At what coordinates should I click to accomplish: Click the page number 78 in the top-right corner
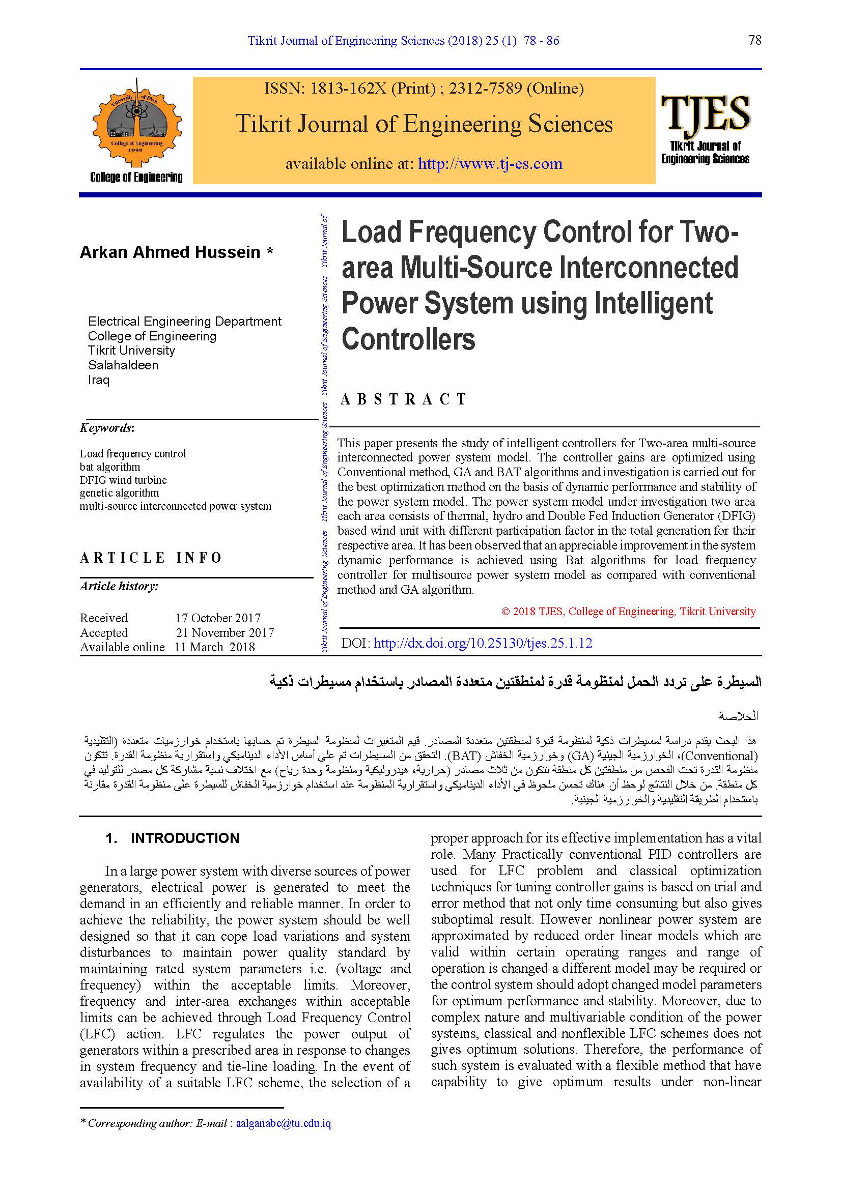point(754,40)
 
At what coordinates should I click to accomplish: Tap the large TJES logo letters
point(705,113)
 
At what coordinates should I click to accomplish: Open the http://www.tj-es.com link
point(490,164)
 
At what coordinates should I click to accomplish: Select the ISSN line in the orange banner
point(424,89)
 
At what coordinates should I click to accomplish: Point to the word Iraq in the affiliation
point(99,380)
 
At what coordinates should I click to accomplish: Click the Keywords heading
point(107,428)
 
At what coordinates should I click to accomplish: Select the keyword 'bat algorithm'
point(110,467)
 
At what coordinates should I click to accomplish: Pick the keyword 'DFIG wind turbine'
point(123,480)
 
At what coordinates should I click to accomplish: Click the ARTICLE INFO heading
point(151,558)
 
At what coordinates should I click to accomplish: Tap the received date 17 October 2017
point(218,618)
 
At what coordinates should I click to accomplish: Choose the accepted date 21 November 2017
point(224,632)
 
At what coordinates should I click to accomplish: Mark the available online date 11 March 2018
point(215,647)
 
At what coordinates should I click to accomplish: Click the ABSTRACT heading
point(403,399)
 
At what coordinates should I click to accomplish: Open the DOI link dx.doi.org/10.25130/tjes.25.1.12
point(483,643)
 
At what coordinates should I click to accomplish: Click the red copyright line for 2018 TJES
point(628,612)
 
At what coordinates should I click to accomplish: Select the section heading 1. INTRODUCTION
point(172,838)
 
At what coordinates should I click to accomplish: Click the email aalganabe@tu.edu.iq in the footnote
point(283,1123)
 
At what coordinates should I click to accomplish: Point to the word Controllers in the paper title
point(408,339)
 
